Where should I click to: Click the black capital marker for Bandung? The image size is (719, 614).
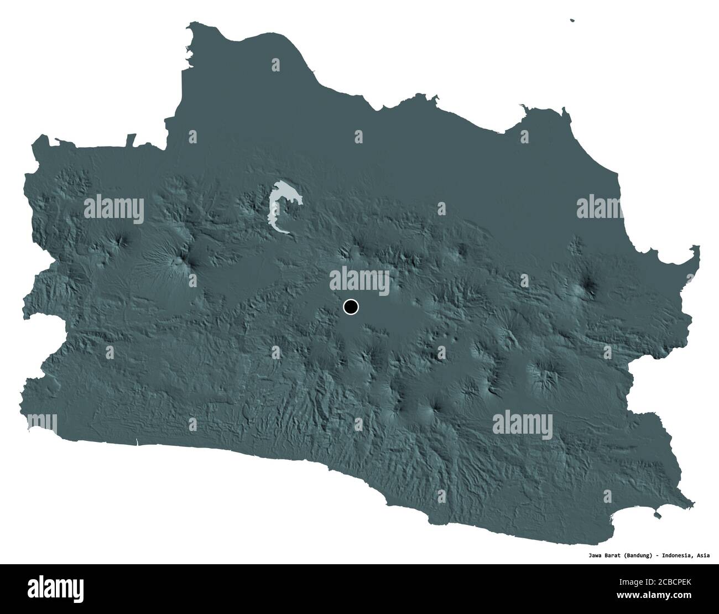(x=351, y=306)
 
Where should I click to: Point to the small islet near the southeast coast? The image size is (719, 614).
(x=657, y=516)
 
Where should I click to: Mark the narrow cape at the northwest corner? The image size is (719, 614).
(x=191, y=26)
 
